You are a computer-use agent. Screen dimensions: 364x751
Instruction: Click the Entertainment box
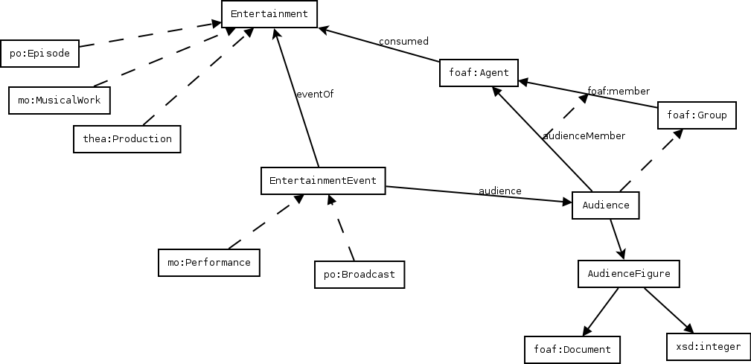click(x=269, y=14)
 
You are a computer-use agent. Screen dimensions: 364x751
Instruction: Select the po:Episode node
click(x=39, y=54)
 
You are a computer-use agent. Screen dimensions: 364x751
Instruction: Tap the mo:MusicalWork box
click(x=59, y=100)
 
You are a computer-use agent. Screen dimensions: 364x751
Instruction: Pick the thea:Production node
click(x=127, y=139)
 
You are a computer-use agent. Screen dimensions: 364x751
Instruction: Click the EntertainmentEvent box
click(x=323, y=181)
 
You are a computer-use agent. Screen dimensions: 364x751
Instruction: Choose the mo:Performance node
click(x=209, y=263)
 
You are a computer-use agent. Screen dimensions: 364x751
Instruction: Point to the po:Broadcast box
click(x=359, y=275)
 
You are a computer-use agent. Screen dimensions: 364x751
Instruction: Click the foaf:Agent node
click(x=479, y=73)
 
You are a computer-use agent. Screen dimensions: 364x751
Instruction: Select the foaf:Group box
click(x=697, y=115)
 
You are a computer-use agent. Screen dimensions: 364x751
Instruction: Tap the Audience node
click(x=605, y=205)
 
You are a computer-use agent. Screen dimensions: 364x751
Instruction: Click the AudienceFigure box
click(x=629, y=274)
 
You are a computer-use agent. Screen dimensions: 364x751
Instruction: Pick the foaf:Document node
click(x=572, y=349)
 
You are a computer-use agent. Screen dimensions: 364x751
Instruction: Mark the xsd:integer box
click(x=708, y=347)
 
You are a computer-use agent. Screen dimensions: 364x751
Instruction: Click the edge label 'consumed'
click(x=403, y=42)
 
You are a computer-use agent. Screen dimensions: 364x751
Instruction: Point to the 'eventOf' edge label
click(x=314, y=95)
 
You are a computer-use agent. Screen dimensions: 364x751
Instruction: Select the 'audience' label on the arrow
click(x=499, y=191)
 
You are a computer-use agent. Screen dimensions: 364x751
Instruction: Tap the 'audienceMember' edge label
click(x=584, y=136)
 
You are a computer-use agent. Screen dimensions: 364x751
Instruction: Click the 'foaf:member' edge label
click(x=618, y=92)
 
